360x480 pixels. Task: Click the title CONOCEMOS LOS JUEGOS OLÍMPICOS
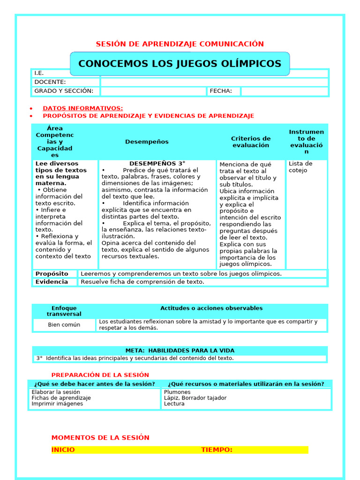pyautogui.click(x=180, y=64)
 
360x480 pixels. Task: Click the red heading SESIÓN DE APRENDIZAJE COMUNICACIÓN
pyautogui.click(x=180, y=44)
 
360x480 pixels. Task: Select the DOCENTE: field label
pyautogui.click(x=50, y=82)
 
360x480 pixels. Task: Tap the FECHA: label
pyautogui.click(x=221, y=91)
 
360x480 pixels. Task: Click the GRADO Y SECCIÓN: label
pyautogui.click(x=64, y=91)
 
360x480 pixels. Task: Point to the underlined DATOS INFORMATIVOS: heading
pyautogui.click(x=83, y=108)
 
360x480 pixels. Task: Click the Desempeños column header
pyautogui.click(x=147, y=142)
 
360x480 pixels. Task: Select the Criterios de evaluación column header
pyautogui.click(x=251, y=142)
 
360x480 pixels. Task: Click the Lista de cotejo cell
pyautogui.click(x=300, y=167)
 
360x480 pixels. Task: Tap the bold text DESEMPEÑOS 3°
pyautogui.click(x=157, y=164)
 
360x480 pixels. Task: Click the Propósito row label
pyautogui.click(x=52, y=274)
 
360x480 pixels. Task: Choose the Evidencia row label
pyautogui.click(x=52, y=282)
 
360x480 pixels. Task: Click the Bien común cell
pyautogui.click(x=64, y=325)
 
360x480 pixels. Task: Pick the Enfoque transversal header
pyautogui.click(x=64, y=311)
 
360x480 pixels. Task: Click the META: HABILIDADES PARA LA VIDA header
pyautogui.click(x=180, y=351)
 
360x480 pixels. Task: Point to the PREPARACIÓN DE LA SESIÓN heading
pyautogui.click(x=100, y=375)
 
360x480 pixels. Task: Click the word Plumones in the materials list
pyautogui.click(x=177, y=392)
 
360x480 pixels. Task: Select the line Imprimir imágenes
pyautogui.click(x=57, y=404)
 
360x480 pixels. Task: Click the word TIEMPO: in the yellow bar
pyautogui.click(x=217, y=450)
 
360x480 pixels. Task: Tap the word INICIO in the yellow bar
pyautogui.click(x=63, y=450)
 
